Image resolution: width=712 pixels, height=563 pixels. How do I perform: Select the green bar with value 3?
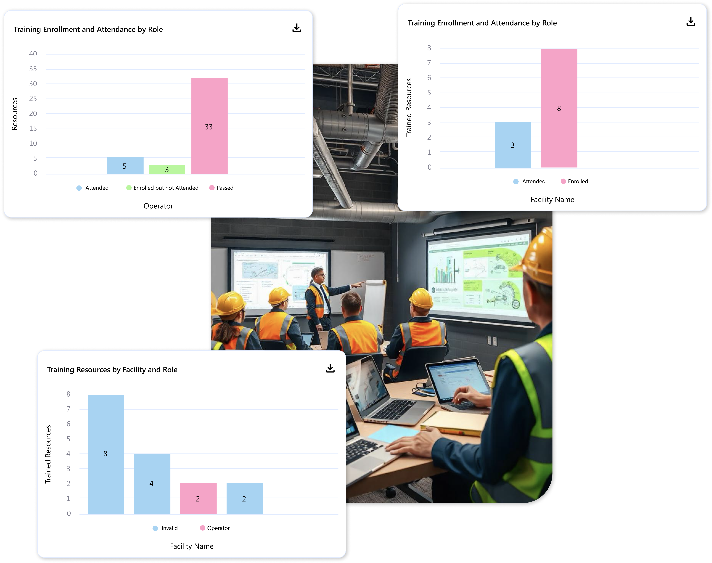167,169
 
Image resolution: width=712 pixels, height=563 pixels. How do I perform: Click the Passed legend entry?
222,188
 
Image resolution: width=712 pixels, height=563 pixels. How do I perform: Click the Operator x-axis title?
158,206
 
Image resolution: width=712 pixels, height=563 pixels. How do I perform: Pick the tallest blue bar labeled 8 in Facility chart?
106,454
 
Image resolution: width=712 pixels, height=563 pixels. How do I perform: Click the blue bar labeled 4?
152,484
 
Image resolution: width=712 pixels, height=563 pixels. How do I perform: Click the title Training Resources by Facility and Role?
112,369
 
